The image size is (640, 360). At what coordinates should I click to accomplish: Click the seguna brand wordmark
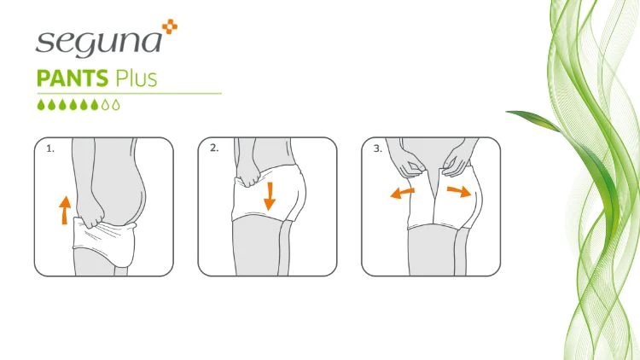pos(99,43)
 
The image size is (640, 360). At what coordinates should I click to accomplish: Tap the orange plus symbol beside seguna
pos(170,26)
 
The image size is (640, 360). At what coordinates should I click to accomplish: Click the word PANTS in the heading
pos(73,78)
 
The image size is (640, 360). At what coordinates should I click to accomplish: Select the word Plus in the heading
pos(136,78)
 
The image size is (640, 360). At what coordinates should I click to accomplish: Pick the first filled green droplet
pos(41,105)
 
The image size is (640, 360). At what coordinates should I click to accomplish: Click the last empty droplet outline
pos(116,105)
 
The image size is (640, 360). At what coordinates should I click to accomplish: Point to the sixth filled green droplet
pos(95,105)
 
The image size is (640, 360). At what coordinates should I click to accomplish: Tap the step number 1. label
pos(49,149)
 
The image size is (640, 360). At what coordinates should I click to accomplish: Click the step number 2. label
pos(214,148)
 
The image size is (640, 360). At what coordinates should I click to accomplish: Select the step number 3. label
pos(377,149)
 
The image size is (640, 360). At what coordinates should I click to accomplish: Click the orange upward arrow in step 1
pos(65,210)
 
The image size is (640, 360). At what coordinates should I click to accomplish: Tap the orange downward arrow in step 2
pos(270,196)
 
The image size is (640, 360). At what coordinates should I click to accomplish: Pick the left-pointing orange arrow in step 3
pos(403,193)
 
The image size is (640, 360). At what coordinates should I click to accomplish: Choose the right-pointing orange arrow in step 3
pos(460,191)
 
